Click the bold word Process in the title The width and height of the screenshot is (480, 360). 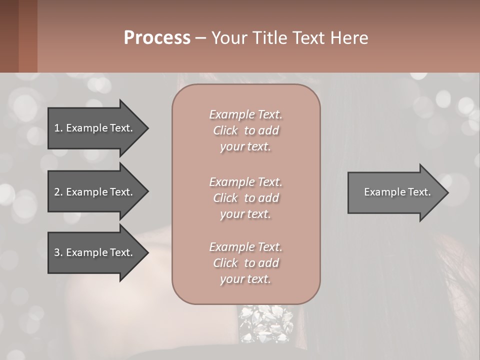click(x=157, y=38)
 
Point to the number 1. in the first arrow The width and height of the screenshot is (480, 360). click(x=58, y=128)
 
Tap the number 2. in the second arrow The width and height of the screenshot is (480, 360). click(x=58, y=192)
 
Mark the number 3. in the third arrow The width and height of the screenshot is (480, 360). click(x=58, y=252)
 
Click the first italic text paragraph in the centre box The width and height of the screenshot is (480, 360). click(x=245, y=130)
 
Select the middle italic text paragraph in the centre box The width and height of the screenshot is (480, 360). click(x=245, y=197)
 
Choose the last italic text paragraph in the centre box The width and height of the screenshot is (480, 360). click(x=245, y=263)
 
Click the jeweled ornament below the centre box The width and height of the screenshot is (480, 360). click(x=266, y=322)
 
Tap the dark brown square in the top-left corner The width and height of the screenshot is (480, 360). click(x=9, y=36)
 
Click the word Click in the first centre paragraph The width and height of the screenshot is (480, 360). click(x=225, y=130)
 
